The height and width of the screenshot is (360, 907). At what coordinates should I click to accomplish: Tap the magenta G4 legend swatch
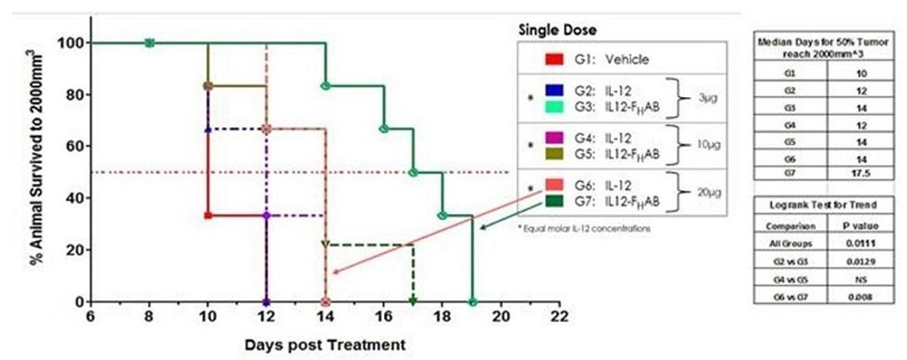point(554,136)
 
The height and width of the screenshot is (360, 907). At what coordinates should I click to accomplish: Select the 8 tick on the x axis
point(149,316)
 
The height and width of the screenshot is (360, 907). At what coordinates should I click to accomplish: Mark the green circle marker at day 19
point(472,301)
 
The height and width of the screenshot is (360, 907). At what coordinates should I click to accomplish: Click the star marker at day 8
point(149,42)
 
